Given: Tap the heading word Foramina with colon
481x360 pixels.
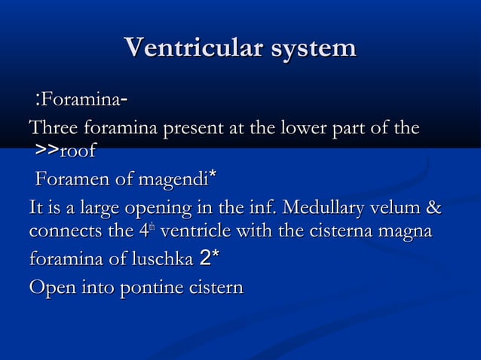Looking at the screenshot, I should (76, 99).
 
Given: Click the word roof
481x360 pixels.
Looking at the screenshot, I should (78, 151).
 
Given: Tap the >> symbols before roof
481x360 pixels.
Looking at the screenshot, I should (47, 151).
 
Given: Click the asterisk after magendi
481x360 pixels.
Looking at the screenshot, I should (213, 177).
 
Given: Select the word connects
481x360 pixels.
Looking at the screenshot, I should (61, 232).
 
